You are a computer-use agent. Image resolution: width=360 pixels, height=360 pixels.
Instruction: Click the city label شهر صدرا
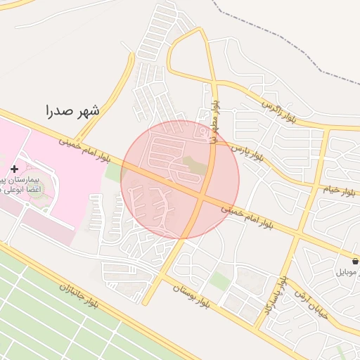(x=72, y=110)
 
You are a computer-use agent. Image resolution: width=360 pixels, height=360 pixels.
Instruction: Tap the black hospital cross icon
(x=15, y=169)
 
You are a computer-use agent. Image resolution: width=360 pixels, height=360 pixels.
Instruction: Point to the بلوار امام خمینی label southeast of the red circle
(x=247, y=215)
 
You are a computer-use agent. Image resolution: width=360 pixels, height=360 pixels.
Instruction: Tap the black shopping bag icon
(x=355, y=261)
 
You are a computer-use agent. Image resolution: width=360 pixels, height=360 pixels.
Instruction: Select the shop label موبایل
(x=347, y=271)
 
